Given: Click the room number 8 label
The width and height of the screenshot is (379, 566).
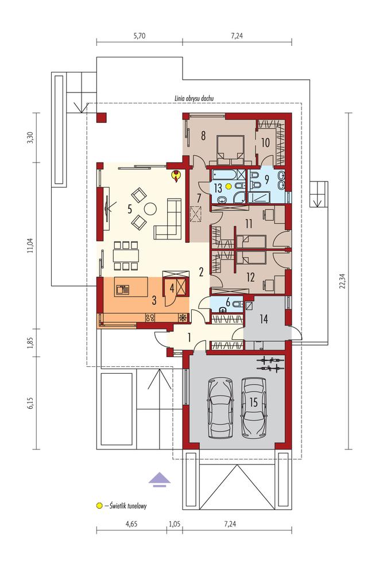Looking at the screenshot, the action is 203,135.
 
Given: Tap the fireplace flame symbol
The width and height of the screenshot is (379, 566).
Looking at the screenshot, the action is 176,176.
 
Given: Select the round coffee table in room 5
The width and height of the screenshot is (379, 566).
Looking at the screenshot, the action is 150,208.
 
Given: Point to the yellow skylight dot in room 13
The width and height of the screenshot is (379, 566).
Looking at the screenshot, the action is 228,186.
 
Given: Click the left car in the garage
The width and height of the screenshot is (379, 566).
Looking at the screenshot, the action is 219,407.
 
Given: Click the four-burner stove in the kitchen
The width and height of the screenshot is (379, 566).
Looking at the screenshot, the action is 150,317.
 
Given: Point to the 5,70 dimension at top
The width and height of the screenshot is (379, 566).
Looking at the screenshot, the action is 140,36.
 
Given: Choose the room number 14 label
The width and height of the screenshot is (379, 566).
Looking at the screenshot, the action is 264,319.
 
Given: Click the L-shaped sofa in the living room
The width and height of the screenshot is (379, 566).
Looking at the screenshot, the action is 169,219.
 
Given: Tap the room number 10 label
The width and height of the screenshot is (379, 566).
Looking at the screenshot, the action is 265,143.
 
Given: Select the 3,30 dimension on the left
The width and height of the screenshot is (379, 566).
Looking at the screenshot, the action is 30,138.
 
